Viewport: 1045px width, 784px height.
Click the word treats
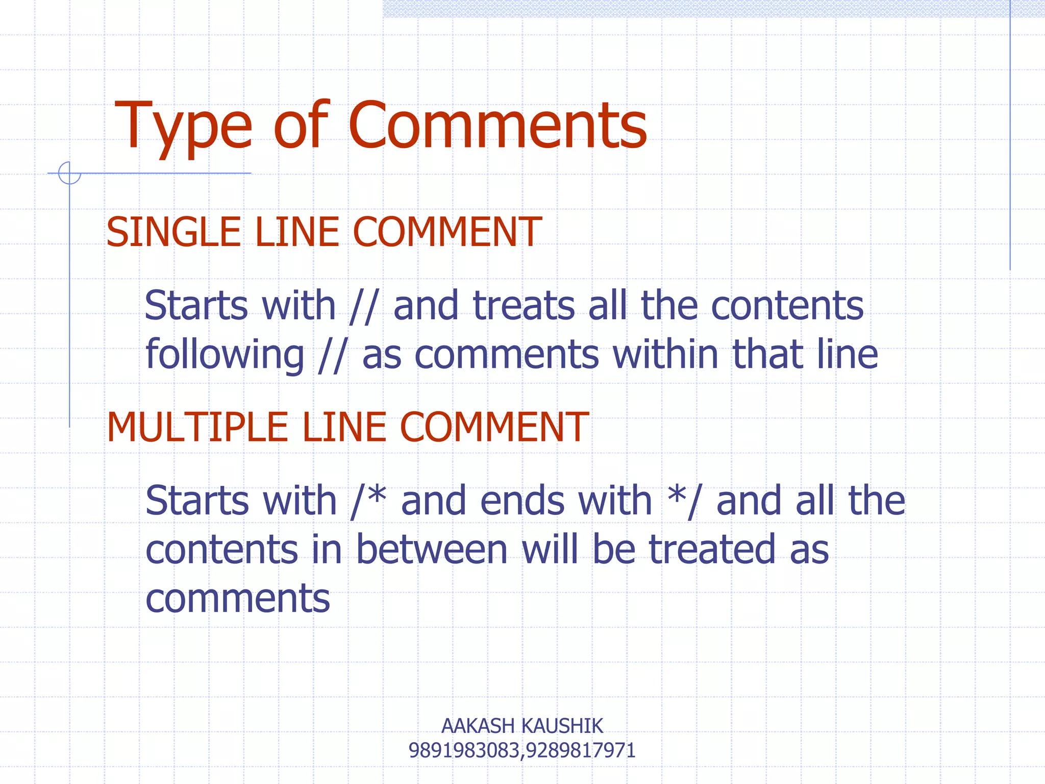pos(524,306)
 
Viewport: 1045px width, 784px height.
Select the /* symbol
pos(368,501)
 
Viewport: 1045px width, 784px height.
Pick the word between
pos(432,550)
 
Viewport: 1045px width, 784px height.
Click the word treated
pos(712,550)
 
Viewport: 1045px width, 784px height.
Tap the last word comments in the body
pos(238,599)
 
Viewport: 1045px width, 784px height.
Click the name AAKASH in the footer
pos(478,726)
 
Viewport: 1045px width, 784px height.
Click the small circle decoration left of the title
pos(69,173)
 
